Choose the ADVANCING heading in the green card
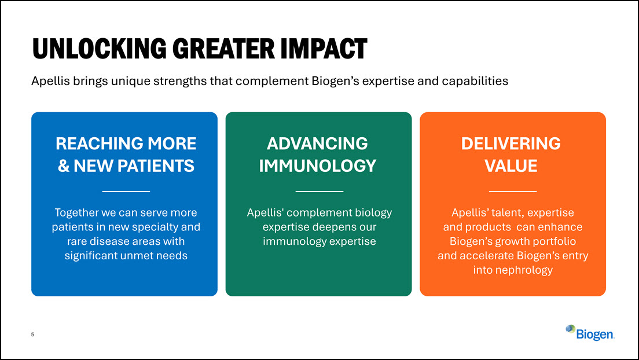pyautogui.click(x=317, y=144)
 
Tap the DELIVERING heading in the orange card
pyautogui.click(x=511, y=144)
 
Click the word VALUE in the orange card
pyautogui.click(x=511, y=166)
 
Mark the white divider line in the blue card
pyautogui.click(x=126, y=191)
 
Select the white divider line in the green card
pyautogui.click(x=319, y=191)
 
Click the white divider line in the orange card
pyautogui.click(x=513, y=191)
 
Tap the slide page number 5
pyautogui.click(x=33, y=335)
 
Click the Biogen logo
pyautogui.click(x=590, y=333)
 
